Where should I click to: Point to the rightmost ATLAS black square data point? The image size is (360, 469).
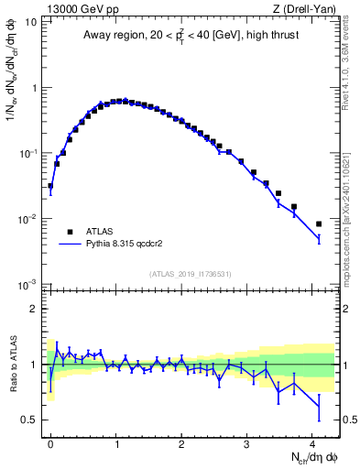coord(319,224)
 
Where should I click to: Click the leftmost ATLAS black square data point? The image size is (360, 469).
coord(50,186)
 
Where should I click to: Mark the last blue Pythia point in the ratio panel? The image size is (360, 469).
coord(319,406)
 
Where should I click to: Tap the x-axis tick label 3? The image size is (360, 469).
coord(246,442)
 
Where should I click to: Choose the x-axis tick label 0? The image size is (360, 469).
coord(50,442)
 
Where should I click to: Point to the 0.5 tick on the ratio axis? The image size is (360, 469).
coord(30,420)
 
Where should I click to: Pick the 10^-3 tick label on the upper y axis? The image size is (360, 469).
coord(27,284)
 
